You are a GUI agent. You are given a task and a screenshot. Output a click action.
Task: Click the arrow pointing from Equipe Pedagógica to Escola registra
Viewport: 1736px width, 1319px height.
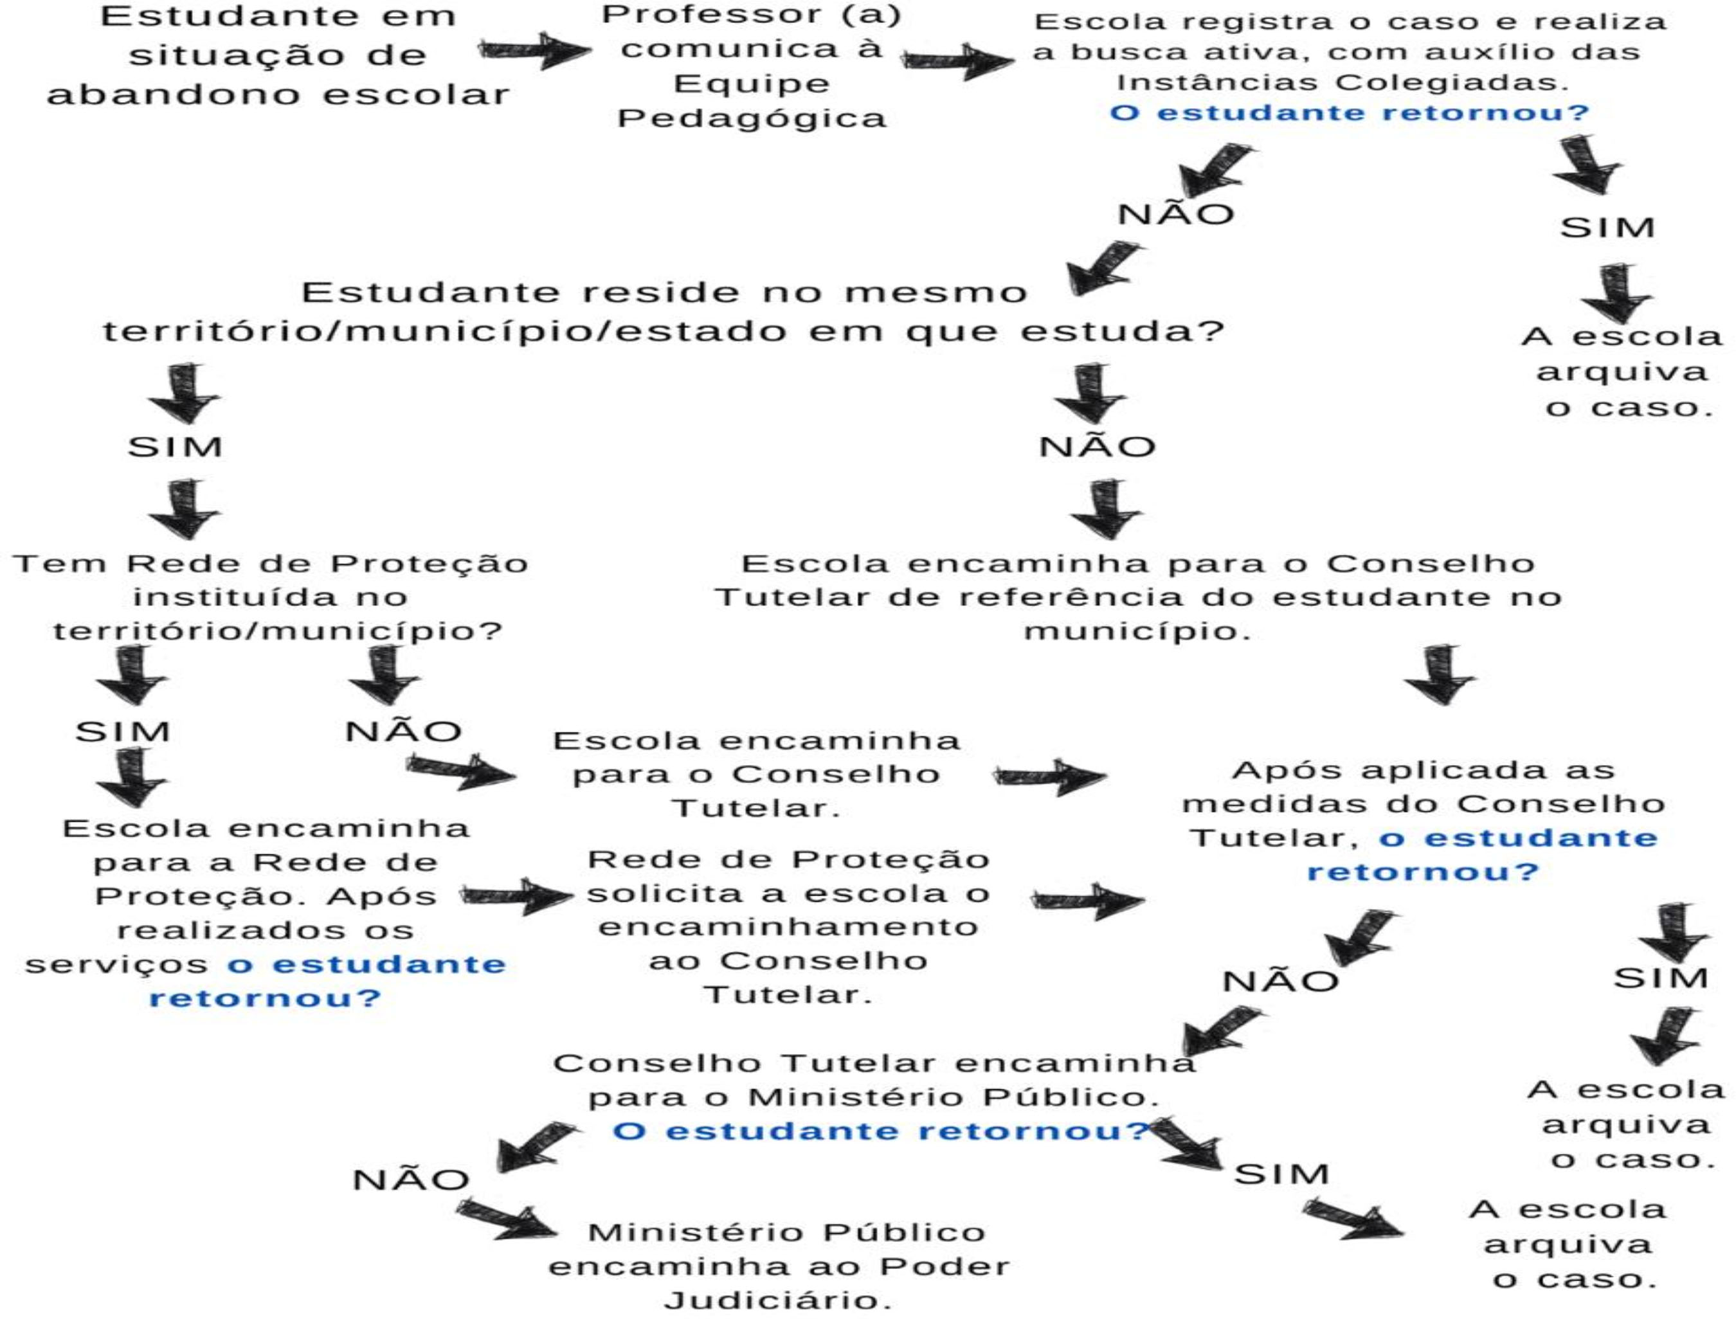957,60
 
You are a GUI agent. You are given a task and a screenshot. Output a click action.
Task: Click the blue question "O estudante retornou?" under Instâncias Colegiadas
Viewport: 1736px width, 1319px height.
1349,113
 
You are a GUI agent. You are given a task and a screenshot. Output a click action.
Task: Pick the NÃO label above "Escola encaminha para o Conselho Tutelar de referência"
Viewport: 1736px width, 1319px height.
1097,447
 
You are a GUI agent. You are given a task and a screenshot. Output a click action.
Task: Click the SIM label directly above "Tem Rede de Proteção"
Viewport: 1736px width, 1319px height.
175,447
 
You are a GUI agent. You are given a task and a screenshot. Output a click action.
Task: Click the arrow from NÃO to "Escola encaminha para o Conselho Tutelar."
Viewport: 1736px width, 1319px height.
461,770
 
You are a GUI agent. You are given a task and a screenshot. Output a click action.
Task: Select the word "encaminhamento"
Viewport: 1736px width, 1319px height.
788,928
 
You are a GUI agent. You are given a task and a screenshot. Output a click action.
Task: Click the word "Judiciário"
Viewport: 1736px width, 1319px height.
777,1301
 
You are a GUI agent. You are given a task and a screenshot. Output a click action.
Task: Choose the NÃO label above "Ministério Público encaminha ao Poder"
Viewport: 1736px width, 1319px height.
411,1180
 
